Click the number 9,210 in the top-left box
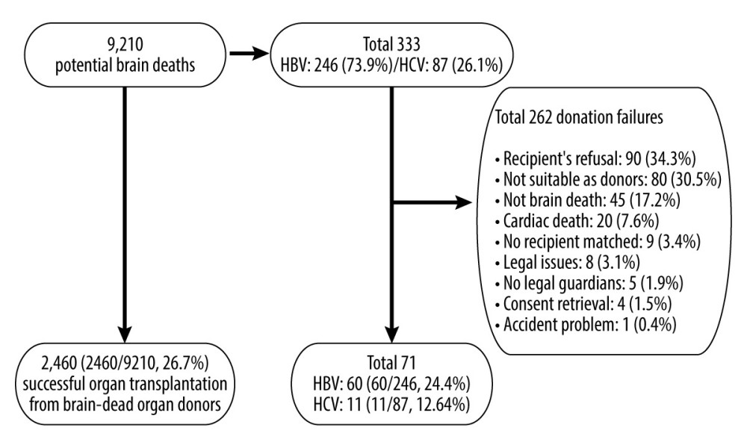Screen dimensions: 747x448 click(x=125, y=45)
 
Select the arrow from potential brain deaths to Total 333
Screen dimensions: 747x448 click(x=249, y=53)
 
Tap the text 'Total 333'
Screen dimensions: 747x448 click(x=391, y=44)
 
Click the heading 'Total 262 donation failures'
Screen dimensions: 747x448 click(x=579, y=117)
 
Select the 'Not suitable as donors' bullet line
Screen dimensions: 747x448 click(x=608, y=179)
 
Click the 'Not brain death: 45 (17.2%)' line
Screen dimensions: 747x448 click(x=587, y=200)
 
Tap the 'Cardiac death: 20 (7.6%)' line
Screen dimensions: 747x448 click(x=577, y=221)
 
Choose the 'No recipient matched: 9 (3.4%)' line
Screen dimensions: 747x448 click(x=598, y=242)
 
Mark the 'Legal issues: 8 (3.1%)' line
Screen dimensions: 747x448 click(x=568, y=262)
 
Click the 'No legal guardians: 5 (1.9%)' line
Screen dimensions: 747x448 click(x=589, y=283)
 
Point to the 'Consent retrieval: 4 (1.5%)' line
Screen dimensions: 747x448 click(x=583, y=304)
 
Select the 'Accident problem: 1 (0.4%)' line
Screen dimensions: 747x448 click(x=586, y=325)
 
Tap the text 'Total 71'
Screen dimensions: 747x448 click(x=391, y=364)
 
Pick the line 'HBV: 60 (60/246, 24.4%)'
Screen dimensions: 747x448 click(x=391, y=384)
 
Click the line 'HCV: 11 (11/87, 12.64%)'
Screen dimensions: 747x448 click(x=391, y=405)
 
